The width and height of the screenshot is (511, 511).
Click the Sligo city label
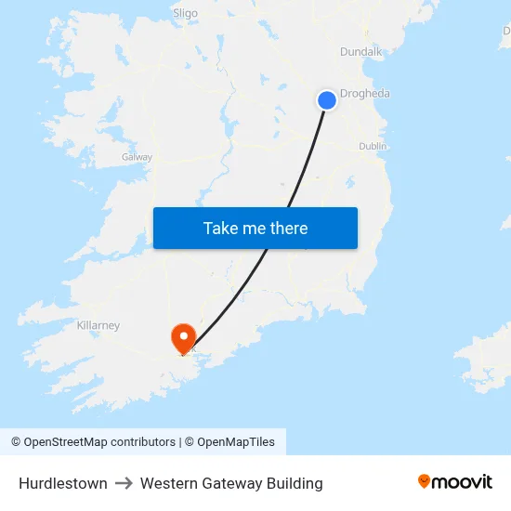pyautogui.click(x=186, y=13)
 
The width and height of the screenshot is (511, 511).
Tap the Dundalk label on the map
pyautogui.click(x=361, y=52)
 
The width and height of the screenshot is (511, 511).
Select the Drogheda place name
pyautogui.click(x=365, y=94)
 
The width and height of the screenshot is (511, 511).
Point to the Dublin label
pyautogui.click(x=373, y=146)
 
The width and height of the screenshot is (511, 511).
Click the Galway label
pyautogui.click(x=137, y=157)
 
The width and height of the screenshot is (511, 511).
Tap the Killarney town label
pyautogui.click(x=98, y=326)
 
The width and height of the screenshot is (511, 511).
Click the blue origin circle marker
pyautogui.click(x=327, y=100)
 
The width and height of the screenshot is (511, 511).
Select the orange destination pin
pyautogui.click(x=183, y=336)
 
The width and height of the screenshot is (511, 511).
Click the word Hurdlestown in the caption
pyautogui.click(x=62, y=483)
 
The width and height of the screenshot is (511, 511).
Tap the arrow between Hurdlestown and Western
pyautogui.click(x=124, y=483)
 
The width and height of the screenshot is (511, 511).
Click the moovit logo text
pyautogui.click(x=463, y=482)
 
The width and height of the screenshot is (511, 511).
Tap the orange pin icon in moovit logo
pyautogui.click(x=425, y=481)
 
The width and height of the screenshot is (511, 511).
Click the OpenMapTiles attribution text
pyautogui.click(x=235, y=442)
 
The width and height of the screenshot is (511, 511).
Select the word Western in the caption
pyautogui.click(x=168, y=483)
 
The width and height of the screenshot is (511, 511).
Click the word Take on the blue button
pyautogui.click(x=221, y=229)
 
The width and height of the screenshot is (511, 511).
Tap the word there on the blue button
pyautogui.click(x=288, y=229)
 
